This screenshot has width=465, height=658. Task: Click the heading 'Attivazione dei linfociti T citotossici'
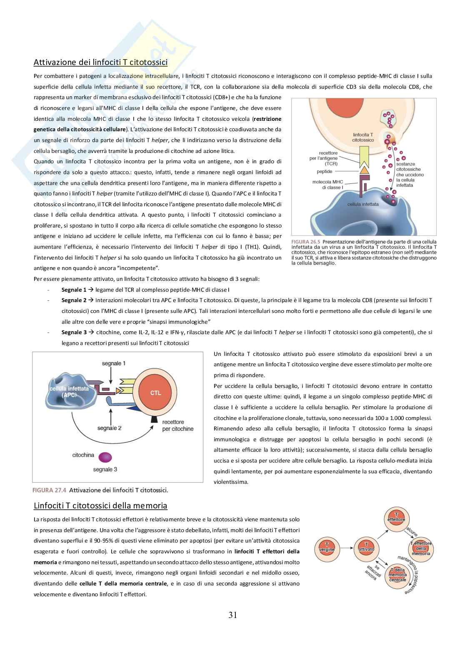(x=100, y=63)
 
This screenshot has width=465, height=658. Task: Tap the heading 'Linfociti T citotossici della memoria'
(x=100, y=506)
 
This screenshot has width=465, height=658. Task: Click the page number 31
(x=232, y=615)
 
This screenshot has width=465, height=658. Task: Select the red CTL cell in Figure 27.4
(x=155, y=393)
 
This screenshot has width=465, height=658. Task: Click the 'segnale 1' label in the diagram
(x=114, y=363)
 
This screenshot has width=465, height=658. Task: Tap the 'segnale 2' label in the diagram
(x=110, y=428)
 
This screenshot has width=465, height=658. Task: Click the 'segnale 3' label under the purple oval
(x=105, y=470)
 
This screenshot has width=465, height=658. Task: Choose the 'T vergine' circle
(x=327, y=547)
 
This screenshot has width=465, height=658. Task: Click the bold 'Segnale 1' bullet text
(x=74, y=290)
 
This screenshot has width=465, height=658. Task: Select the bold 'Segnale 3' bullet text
(x=74, y=332)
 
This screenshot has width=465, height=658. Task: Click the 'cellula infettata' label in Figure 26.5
(x=363, y=204)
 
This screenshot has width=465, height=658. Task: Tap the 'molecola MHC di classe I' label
(x=327, y=185)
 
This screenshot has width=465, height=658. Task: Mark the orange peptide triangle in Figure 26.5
(x=364, y=170)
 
